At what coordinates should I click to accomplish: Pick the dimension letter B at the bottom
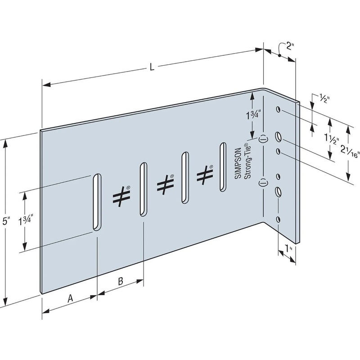(120, 282)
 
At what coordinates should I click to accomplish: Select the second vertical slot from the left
(142, 189)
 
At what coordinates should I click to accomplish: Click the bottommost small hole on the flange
(278, 219)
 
